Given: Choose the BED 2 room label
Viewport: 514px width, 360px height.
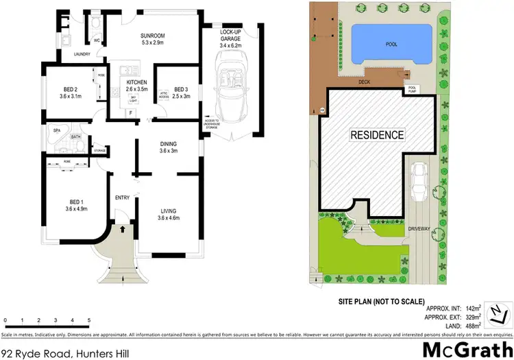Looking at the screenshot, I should point(71,93).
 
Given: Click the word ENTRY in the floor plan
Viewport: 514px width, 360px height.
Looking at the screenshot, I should point(122,197).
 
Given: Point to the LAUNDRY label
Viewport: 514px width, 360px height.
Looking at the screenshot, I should point(82,53).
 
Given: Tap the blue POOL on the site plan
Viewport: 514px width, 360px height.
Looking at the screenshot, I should point(391,45).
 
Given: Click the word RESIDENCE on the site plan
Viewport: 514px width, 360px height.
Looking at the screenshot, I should point(377,134).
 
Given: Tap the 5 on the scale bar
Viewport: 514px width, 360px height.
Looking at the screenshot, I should point(89,321).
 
